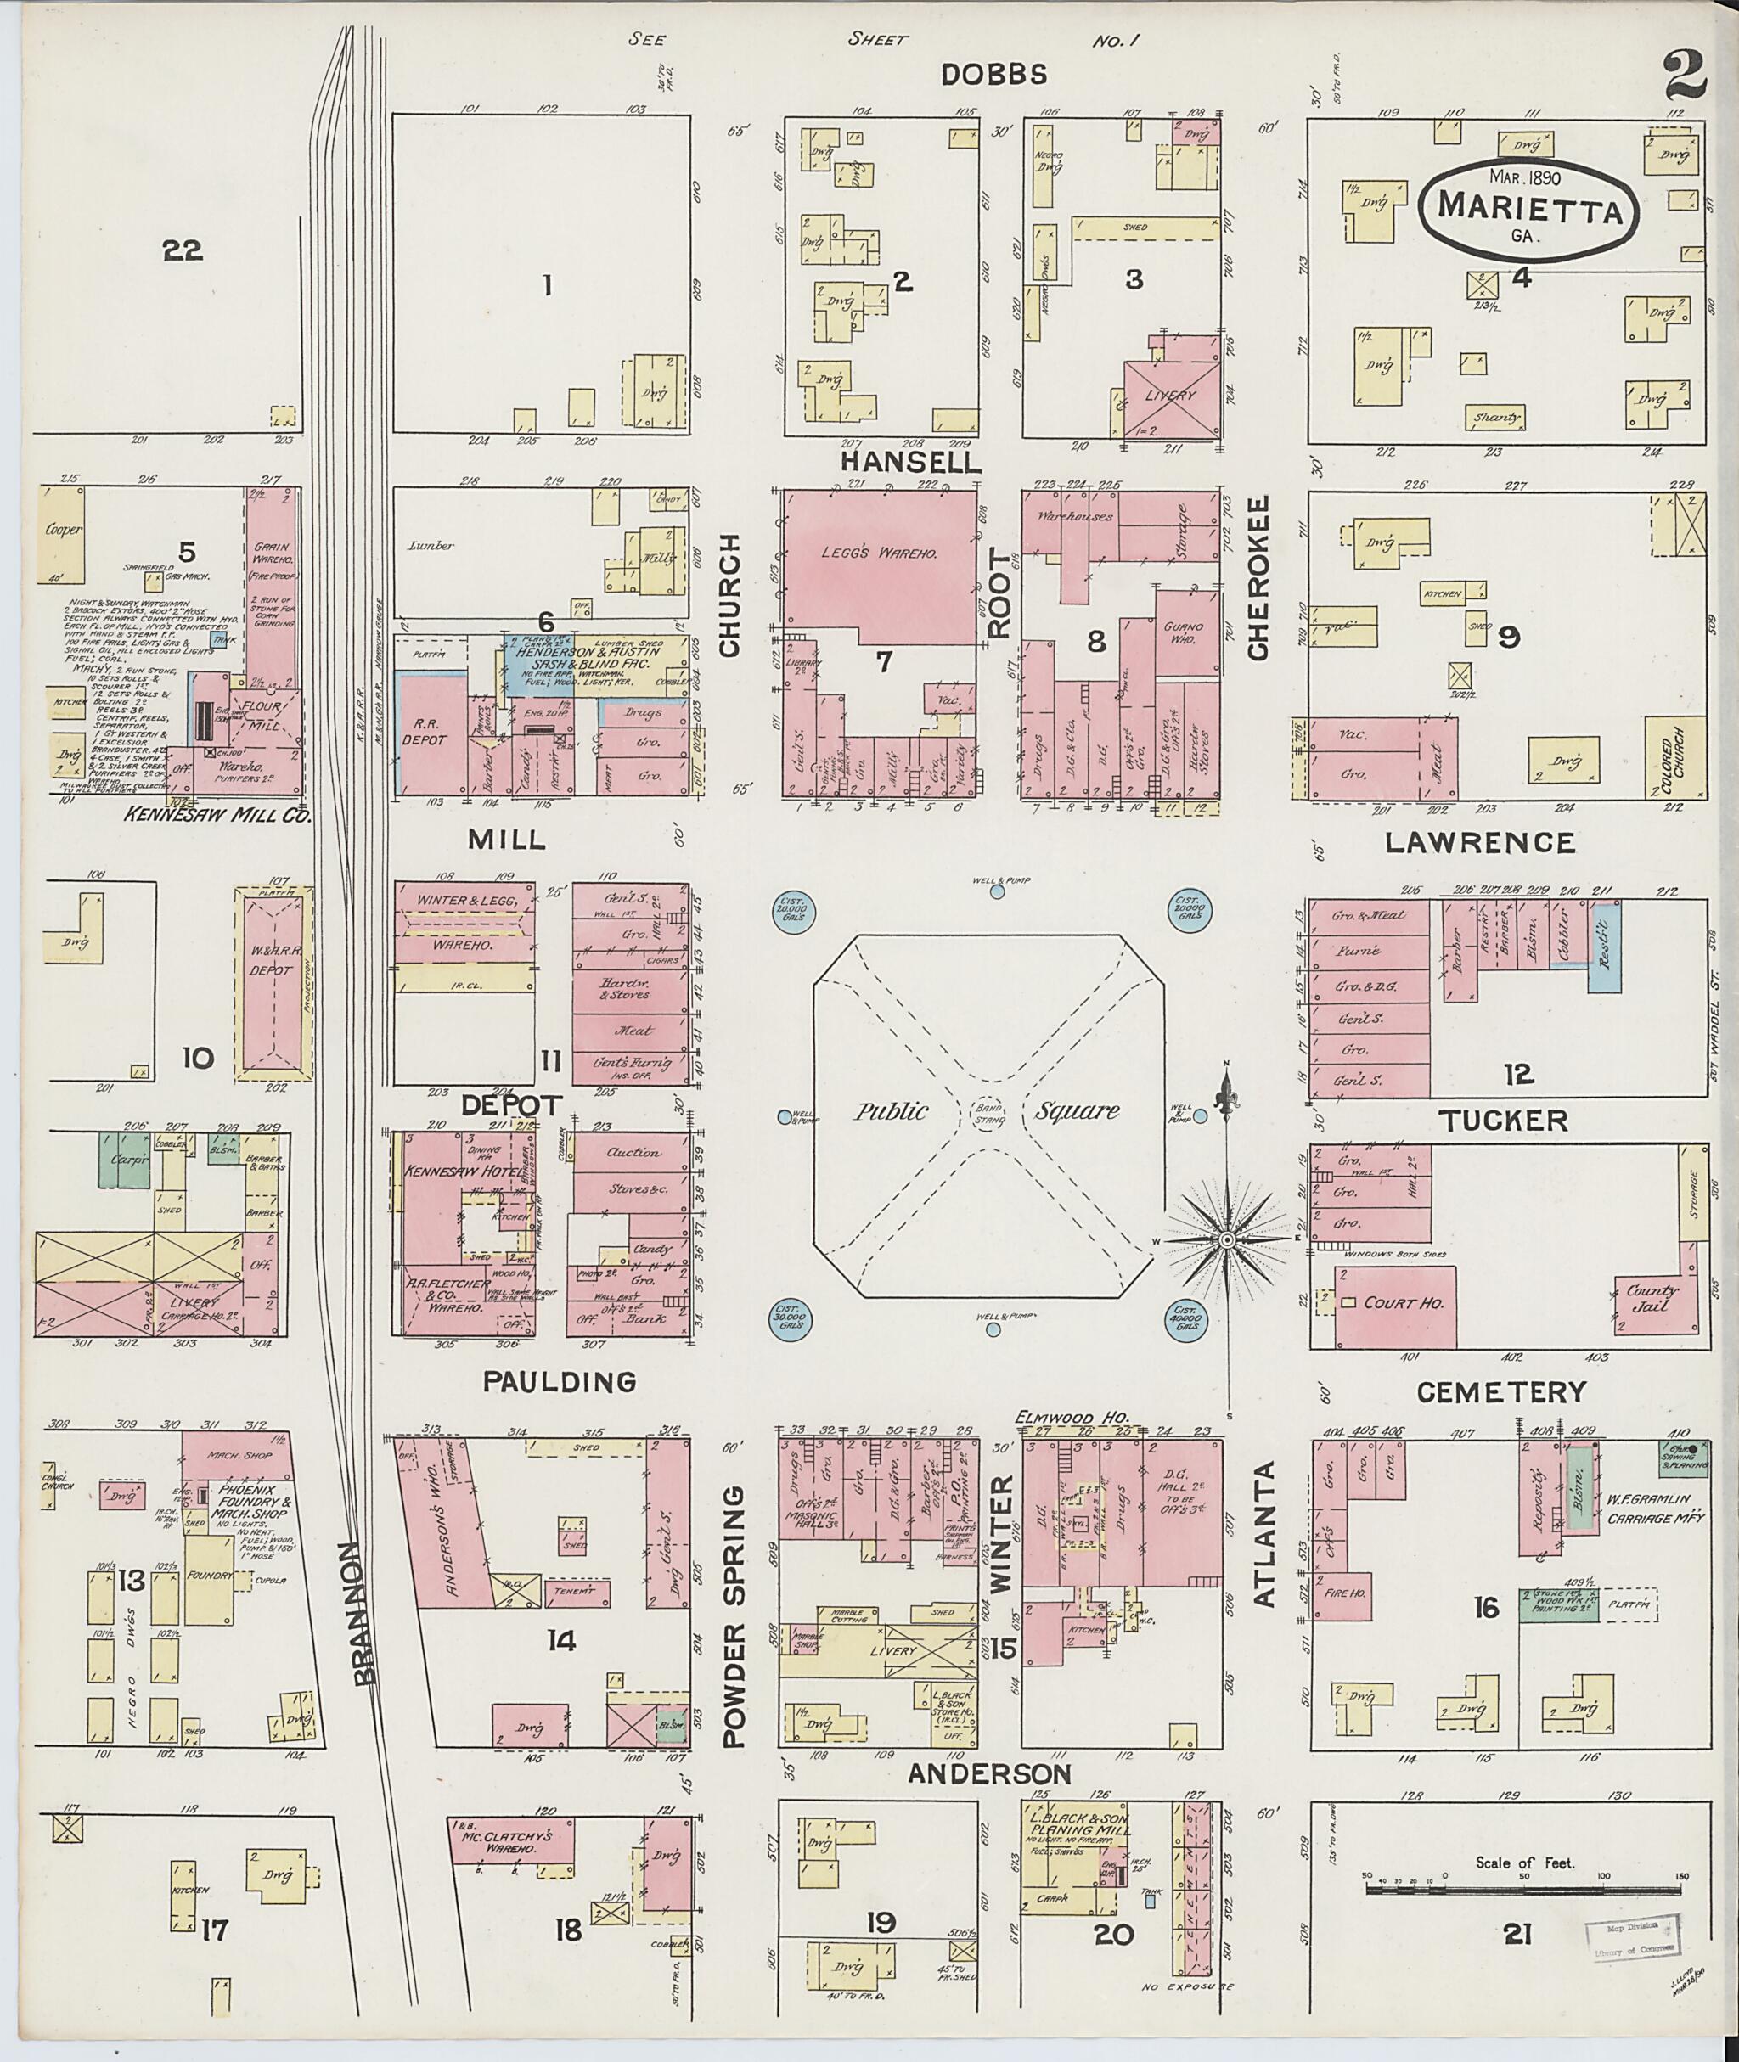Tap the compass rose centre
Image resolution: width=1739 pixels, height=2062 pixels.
[1227, 1239]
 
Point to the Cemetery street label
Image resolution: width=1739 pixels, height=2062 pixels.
[1501, 1391]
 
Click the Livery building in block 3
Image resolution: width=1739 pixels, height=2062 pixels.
[1170, 396]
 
